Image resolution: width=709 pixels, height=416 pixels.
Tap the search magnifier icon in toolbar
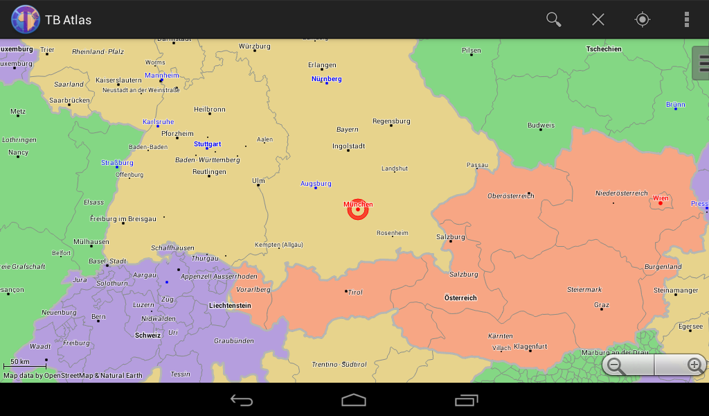(553, 19)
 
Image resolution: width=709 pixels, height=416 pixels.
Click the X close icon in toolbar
(598, 19)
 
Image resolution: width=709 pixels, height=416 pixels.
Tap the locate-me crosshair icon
(643, 19)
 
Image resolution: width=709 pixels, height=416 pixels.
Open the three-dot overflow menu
(686, 19)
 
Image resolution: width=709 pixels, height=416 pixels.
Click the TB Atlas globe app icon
(25, 19)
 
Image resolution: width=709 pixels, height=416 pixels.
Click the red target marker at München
(358, 209)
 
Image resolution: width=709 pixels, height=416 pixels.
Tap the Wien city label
(661, 198)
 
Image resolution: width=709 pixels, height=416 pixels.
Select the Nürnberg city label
(326, 79)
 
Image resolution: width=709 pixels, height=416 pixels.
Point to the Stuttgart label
(207, 144)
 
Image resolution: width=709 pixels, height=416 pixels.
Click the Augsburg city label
(316, 184)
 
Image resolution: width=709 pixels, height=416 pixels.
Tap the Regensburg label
(391, 121)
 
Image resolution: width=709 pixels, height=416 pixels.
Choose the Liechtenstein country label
(230, 305)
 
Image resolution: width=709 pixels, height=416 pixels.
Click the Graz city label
(602, 305)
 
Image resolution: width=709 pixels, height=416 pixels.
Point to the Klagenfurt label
(530, 347)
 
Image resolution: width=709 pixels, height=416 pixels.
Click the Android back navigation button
(242, 400)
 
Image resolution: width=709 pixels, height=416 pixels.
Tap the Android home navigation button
(354, 400)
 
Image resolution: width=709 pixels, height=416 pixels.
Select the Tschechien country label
(604, 49)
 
